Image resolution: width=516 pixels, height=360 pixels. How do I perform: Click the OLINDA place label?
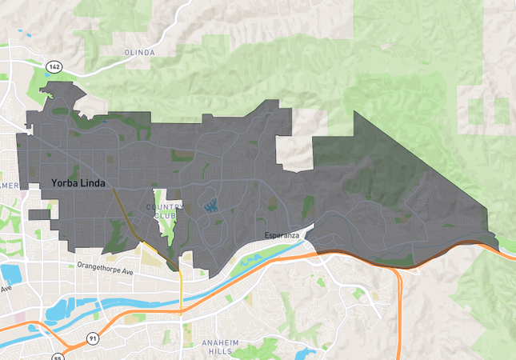139,53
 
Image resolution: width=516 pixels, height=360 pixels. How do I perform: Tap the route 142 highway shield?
54,66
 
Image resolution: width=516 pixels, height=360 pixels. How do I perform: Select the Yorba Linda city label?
78,183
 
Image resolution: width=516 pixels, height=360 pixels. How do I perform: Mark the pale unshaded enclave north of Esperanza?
294,152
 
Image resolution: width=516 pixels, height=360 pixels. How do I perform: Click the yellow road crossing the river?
182,292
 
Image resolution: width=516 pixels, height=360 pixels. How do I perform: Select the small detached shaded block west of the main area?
39,214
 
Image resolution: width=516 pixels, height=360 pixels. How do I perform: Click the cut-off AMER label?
10,186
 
